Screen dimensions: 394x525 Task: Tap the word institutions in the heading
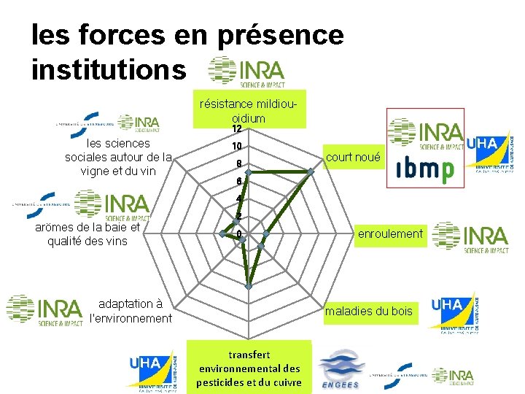pos(109,70)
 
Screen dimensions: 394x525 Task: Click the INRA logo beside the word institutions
pos(246,72)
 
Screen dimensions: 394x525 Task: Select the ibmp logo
pos(424,169)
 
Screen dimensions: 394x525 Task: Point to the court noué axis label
pos(354,157)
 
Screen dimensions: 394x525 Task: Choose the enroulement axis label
pos(389,233)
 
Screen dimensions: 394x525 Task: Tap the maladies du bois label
pos(368,312)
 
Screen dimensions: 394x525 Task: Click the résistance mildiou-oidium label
pos(248,112)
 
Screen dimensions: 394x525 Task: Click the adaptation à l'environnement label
pos(131,311)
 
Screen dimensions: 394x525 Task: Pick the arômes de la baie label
pos(86,233)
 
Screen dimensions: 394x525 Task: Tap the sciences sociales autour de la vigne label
pos(118,157)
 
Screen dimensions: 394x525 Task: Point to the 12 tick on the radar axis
pos(237,129)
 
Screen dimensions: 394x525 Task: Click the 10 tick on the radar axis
pos(237,146)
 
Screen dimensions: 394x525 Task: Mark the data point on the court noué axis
pos(311,172)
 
